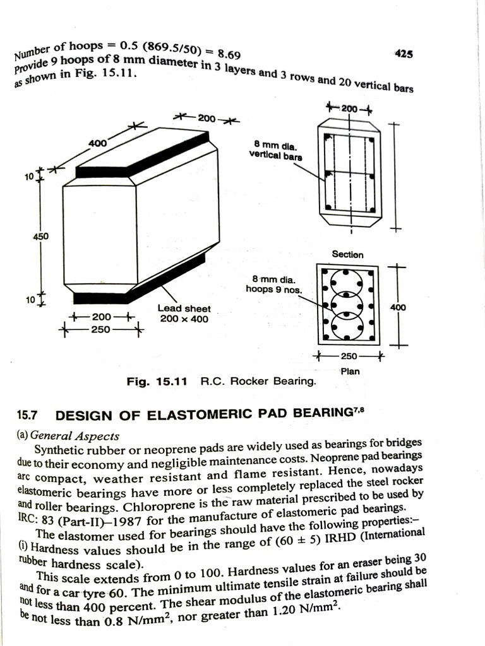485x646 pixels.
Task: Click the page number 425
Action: (x=404, y=54)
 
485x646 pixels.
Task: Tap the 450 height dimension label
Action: (x=41, y=237)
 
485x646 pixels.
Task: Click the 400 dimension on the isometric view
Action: (x=97, y=143)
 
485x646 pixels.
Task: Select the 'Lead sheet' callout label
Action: (x=184, y=308)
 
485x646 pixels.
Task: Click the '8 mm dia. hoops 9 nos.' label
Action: (x=274, y=283)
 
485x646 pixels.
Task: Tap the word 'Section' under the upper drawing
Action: (x=348, y=254)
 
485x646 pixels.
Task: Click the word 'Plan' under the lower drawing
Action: (x=350, y=371)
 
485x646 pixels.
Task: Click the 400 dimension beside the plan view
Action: (x=398, y=307)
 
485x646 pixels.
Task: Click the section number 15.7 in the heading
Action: (x=27, y=416)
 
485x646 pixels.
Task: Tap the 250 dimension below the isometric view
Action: (x=100, y=329)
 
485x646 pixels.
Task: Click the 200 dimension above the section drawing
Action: (x=349, y=109)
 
